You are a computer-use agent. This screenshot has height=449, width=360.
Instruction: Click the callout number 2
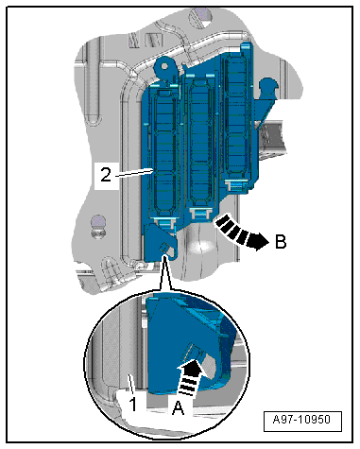[106, 174]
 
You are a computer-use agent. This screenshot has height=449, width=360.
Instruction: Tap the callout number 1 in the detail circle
[133, 405]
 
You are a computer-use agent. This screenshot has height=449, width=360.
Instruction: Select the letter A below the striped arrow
[179, 408]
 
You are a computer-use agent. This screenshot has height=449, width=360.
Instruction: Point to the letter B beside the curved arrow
[281, 242]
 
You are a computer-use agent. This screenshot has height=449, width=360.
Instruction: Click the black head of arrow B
[258, 242]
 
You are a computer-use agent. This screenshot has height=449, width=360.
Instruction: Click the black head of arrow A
[191, 369]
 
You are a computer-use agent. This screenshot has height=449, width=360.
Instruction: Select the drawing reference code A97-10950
[302, 420]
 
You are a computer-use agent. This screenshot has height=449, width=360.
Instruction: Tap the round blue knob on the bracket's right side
[267, 86]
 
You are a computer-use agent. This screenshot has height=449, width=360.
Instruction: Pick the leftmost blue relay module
[164, 154]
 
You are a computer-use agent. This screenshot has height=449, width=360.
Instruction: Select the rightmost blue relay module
[237, 115]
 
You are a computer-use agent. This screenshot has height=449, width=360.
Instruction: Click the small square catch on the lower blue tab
[163, 246]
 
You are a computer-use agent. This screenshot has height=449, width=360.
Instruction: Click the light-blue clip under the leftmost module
[164, 222]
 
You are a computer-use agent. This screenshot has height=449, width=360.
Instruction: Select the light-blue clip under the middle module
[199, 213]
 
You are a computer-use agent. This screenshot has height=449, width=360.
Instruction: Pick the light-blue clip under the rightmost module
[236, 185]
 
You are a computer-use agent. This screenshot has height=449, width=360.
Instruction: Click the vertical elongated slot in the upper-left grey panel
[94, 82]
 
